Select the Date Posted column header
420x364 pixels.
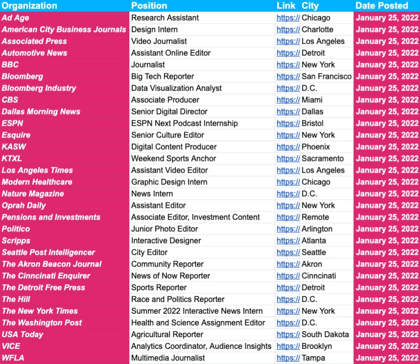pos(382,6)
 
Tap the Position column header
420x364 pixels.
pos(149,6)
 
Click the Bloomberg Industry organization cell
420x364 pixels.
pos(39,88)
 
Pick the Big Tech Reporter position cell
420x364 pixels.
pos(163,76)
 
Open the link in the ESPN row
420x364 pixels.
pos(288,123)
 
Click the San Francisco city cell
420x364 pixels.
pos(327,76)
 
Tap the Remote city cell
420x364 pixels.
pos(315,217)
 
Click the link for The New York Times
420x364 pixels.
pos(288,311)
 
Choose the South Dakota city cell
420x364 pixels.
pos(325,335)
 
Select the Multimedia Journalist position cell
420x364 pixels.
pos(168,358)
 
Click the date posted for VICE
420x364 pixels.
pos(387,346)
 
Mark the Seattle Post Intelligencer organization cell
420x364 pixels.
pos(48,252)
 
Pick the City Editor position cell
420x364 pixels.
pos(149,252)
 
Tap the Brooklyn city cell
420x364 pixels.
pos(317,346)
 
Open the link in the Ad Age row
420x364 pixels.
pos(288,18)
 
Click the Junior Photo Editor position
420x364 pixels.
pos(164,229)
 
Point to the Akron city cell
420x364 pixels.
pos(312,264)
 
